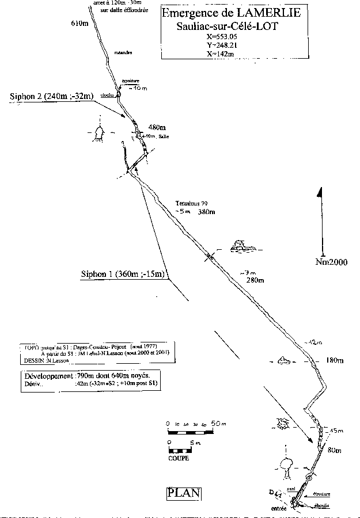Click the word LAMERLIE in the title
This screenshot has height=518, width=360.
pyautogui.click(x=268, y=13)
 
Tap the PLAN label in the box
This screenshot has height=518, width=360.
pyautogui.click(x=184, y=492)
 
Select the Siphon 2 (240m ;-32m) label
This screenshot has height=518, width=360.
pyautogui.click(x=51, y=97)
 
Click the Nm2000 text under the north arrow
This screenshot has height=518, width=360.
pyautogui.click(x=332, y=262)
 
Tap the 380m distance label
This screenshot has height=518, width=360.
pyautogui.click(x=206, y=212)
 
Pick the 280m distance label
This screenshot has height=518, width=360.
pyautogui.click(x=254, y=280)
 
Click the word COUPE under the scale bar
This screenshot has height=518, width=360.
pyautogui.click(x=179, y=458)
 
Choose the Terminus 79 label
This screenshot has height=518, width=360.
pyautogui.click(x=192, y=203)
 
